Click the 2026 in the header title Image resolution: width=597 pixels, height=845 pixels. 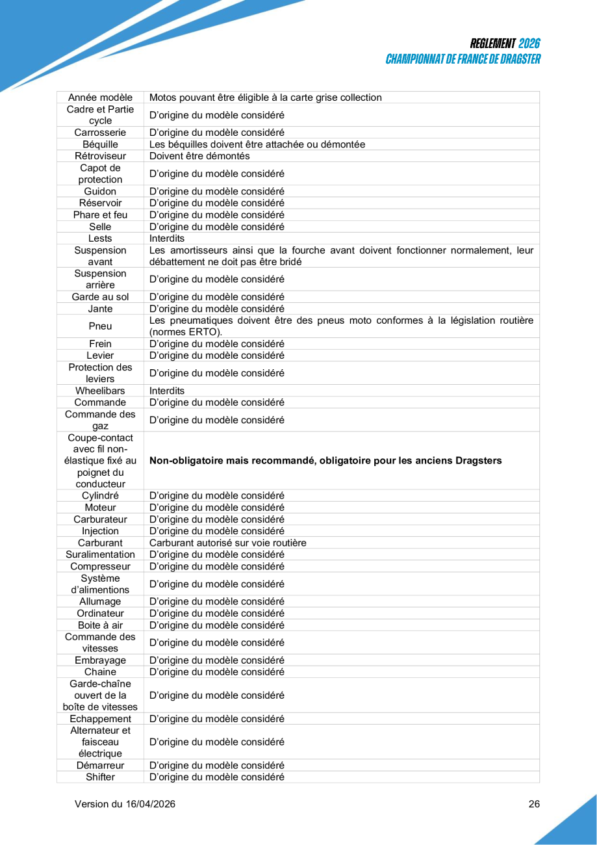click(529, 44)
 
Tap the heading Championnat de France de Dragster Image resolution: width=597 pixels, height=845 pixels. click(463, 59)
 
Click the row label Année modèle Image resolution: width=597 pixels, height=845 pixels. click(100, 97)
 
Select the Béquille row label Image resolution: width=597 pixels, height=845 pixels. click(100, 144)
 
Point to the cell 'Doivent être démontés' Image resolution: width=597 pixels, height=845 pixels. click(199, 156)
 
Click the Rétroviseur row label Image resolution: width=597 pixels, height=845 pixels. click(100, 156)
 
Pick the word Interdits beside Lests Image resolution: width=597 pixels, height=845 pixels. click(167, 239)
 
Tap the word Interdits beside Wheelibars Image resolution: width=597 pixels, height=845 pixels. click(167, 391)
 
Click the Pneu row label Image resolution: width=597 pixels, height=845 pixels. click(100, 326)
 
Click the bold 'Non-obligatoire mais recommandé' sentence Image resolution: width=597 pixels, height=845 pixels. click(325, 461)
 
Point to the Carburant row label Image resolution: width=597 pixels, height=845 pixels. click(100, 543)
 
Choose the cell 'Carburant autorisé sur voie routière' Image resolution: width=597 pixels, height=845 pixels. click(228, 543)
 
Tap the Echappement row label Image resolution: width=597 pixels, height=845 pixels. click(100, 719)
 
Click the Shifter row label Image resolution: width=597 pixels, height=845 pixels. click(100, 777)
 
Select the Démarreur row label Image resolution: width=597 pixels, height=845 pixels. click(100, 765)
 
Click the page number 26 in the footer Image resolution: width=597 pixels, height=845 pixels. click(534, 804)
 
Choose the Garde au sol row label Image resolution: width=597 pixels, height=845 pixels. click(100, 297)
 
